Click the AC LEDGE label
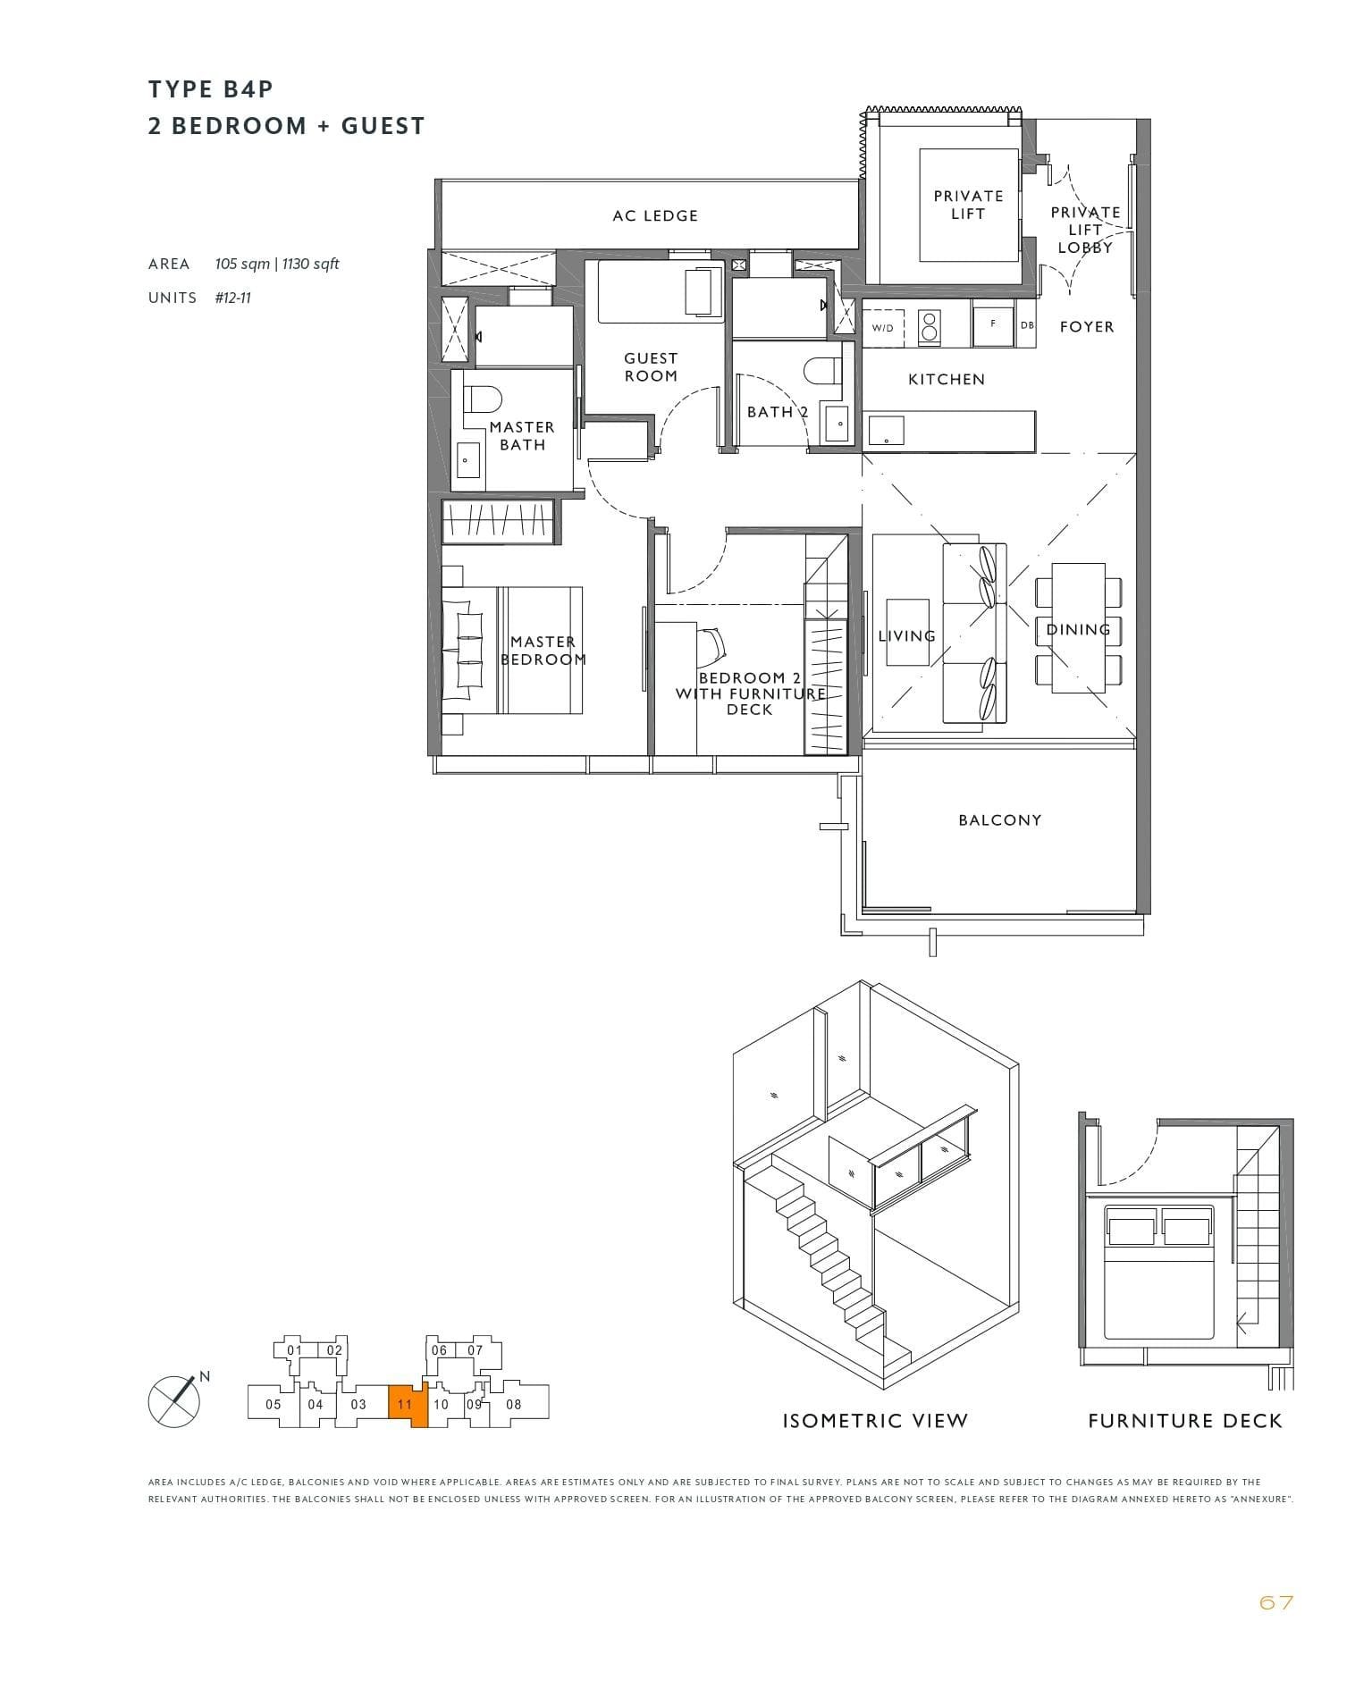click(x=654, y=215)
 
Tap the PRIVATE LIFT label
click(x=968, y=205)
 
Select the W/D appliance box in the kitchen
click(x=883, y=328)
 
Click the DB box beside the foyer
click(x=1027, y=325)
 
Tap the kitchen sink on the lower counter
click(x=885, y=431)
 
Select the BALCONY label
click(x=999, y=819)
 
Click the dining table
click(x=1078, y=627)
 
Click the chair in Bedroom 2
click(x=712, y=643)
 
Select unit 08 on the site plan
click(x=514, y=1404)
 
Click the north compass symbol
click(x=173, y=1400)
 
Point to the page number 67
click(x=1275, y=1602)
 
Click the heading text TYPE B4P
click(x=211, y=89)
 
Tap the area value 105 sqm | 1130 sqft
click(x=277, y=264)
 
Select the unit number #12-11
click(x=232, y=298)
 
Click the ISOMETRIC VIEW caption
click(x=875, y=1421)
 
